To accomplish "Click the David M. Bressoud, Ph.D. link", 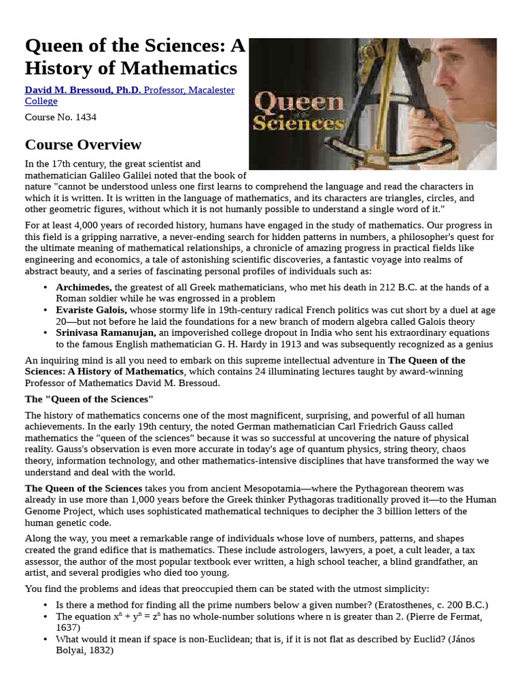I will point(83,90).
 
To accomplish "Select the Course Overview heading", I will point(83,144).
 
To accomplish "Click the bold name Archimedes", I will point(84,288).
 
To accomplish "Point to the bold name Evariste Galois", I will point(91,310).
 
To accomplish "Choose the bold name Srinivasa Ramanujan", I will point(106,332).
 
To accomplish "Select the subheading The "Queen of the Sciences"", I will point(89,398).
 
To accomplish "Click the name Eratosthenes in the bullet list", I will point(419,605).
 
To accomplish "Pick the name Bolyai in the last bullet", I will point(71,650).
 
